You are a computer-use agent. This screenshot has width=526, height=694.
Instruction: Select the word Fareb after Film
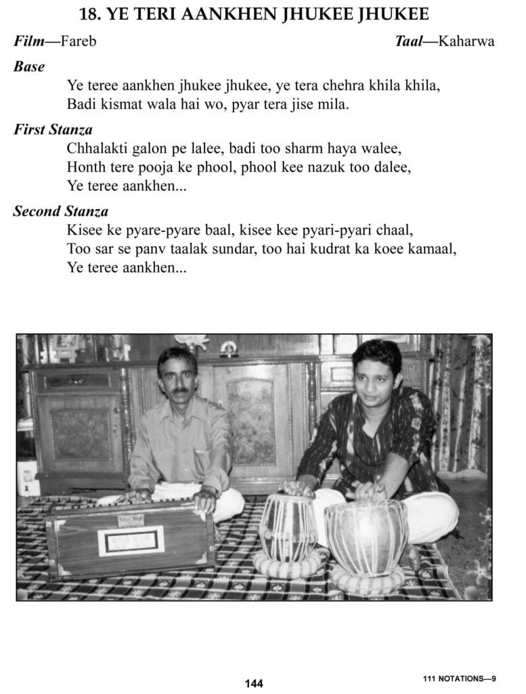(78, 41)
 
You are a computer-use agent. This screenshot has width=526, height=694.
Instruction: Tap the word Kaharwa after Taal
(466, 41)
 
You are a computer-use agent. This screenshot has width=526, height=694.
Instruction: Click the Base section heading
(29, 66)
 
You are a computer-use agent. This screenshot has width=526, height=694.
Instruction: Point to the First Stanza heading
(53, 129)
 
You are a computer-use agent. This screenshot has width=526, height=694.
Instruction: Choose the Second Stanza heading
(60, 211)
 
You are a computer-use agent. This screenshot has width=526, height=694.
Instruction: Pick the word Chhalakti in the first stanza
(96, 149)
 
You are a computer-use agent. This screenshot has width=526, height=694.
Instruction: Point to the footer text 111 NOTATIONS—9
(459, 678)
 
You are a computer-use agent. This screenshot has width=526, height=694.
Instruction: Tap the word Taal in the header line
(410, 41)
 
